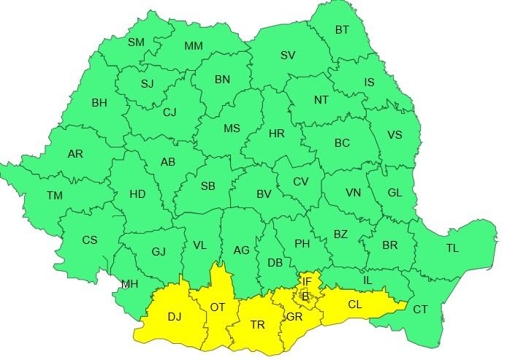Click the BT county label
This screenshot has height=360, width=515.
pyautogui.click(x=342, y=30)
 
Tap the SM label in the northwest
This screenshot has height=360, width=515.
pyautogui.click(x=137, y=42)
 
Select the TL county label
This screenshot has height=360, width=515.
pyautogui.click(x=452, y=248)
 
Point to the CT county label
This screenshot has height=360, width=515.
pyautogui.click(x=421, y=310)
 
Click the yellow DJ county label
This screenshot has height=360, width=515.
pyautogui.click(x=175, y=317)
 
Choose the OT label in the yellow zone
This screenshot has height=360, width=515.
pyautogui.click(x=218, y=307)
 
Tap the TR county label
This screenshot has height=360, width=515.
pyautogui.click(x=257, y=325)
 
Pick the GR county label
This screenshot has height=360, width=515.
pyautogui.click(x=294, y=318)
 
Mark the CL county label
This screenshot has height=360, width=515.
pyautogui.click(x=354, y=305)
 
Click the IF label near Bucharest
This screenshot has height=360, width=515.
pyautogui.click(x=308, y=281)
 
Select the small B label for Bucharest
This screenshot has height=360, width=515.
pyautogui.click(x=305, y=296)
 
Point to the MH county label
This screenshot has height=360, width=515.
pyautogui.click(x=129, y=284)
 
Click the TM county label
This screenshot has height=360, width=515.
pyautogui.click(x=54, y=196)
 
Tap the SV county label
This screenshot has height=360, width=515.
pyautogui.click(x=288, y=55)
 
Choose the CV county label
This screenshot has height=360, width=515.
pyautogui.click(x=301, y=182)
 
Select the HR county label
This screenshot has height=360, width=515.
pyautogui.click(x=277, y=134)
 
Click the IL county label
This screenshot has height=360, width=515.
pyautogui.click(x=367, y=280)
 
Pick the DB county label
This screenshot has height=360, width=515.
pyautogui.click(x=275, y=263)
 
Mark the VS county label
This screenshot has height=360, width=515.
pyautogui.click(x=394, y=135)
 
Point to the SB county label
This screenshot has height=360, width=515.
pyautogui.click(x=207, y=186)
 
